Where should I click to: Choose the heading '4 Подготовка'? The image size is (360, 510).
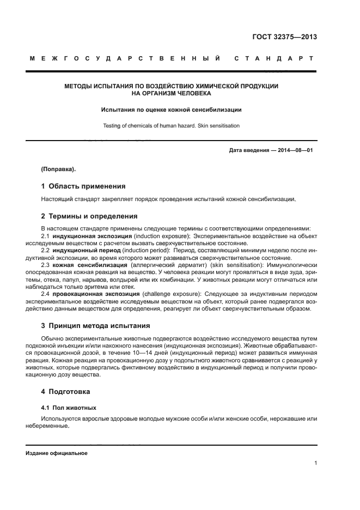click(x=67, y=391)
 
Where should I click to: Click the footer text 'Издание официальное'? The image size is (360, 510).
click(x=56, y=453)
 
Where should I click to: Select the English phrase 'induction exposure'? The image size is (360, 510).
click(x=161, y=236)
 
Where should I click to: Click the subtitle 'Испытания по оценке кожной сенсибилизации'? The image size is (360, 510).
click(x=171, y=110)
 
